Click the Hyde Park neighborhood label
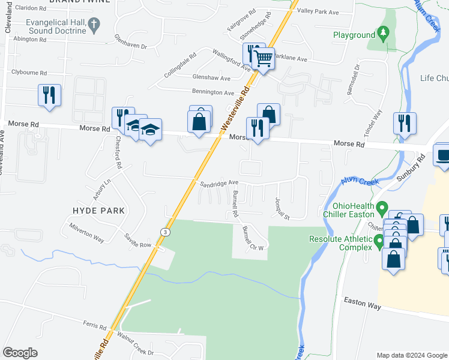click(x=98, y=211)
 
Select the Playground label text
click(x=354, y=35)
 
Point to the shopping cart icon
click(x=263, y=58)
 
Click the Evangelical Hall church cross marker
click(x=93, y=24)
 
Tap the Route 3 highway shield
click(x=164, y=231)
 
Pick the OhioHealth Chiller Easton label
click(x=348, y=210)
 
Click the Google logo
click(x=20, y=353)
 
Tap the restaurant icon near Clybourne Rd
click(x=49, y=95)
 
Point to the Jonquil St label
click(x=282, y=208)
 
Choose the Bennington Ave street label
click(x=212, y=93)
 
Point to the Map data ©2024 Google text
click(x=411, y=355)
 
